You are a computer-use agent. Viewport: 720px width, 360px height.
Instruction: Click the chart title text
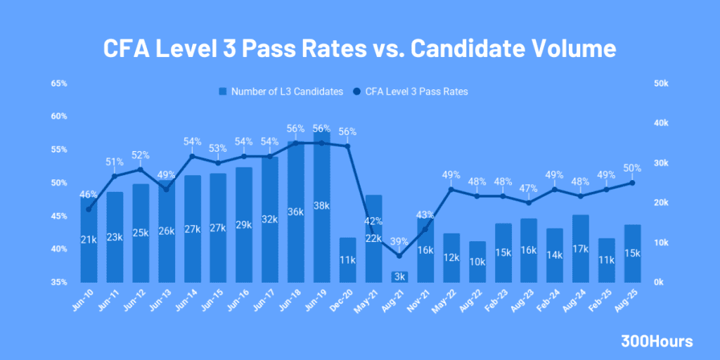(x=359, y=49)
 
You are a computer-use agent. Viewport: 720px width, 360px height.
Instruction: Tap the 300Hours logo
(x=657, y=342)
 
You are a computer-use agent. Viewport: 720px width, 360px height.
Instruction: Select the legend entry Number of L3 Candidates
(x=281, y=91)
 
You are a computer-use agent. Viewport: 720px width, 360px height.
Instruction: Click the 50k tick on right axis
(x=660, y=84)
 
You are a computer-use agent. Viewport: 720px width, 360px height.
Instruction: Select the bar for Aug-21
(x=399, y=277)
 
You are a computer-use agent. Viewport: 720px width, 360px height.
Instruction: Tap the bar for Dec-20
(x=347, y=260)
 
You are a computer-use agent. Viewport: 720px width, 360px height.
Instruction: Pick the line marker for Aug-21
(x=399, y=255)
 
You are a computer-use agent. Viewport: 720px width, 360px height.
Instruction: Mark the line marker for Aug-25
(x=632, y=183)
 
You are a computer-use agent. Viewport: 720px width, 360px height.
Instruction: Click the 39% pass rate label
(x=399, y=241)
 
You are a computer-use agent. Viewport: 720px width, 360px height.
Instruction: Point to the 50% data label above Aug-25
(x=632, y=168)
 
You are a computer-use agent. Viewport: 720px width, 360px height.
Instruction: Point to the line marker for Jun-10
(x=89, y=209)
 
